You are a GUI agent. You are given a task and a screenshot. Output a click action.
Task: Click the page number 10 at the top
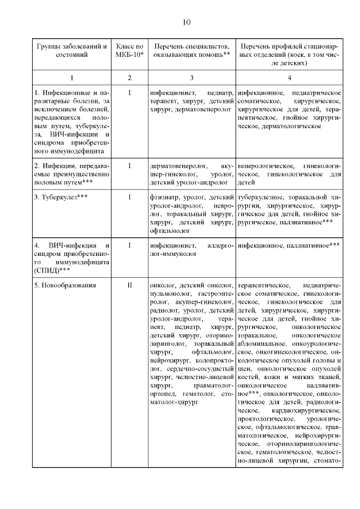tap(187, 22)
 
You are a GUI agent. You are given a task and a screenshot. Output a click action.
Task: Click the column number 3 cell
tap(192, 76)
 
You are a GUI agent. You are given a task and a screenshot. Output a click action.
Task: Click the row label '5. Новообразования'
tap(65, 285)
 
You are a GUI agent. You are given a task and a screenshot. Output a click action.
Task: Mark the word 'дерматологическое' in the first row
tap(292, 126)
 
